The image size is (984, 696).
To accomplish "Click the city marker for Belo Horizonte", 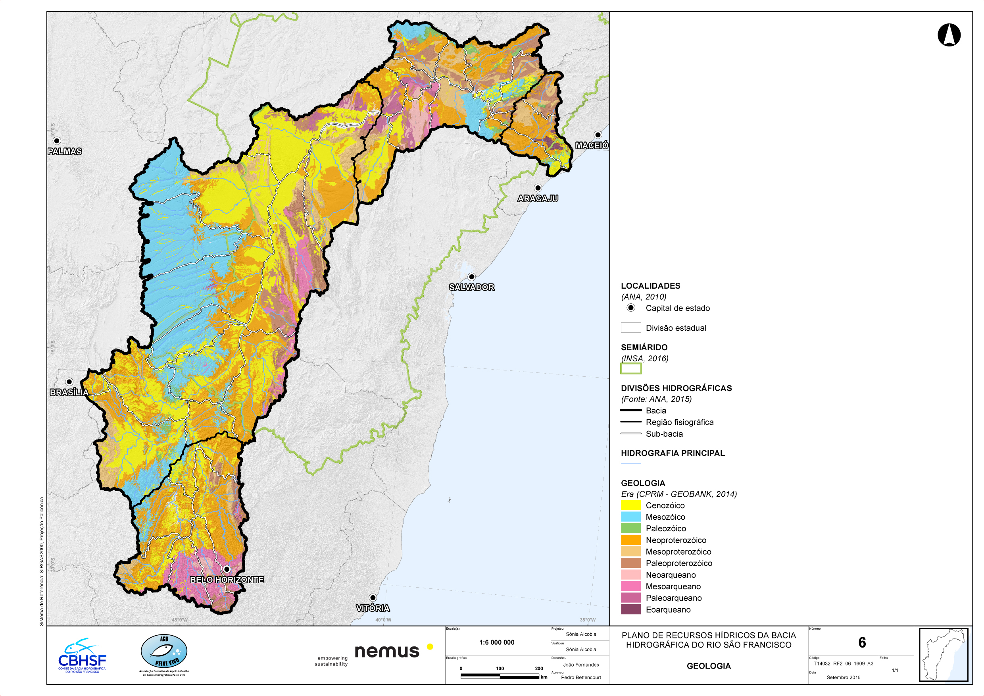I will pos(227,569).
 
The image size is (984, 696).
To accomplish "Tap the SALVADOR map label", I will pos(471,287).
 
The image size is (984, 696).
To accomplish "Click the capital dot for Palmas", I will pos(57,141).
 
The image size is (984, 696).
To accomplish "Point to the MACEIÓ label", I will pos(592,145).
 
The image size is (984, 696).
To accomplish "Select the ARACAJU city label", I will pos(537,198).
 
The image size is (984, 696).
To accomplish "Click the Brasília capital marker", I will pos(69,382).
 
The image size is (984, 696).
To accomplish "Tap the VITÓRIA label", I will pos(373,608).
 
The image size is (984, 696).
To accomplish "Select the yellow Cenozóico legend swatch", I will pos(630,505).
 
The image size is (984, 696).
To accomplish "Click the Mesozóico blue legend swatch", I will pos(630,517).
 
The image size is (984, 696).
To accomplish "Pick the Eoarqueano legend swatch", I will pos(630,609).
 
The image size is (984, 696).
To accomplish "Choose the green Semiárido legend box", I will pos(630,368).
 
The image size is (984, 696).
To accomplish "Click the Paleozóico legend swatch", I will pos(630,528).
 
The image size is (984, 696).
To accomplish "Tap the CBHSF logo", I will pos(82,656).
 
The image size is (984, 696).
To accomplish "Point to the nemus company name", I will pos(386,652).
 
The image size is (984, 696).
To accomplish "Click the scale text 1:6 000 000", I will pos(496,642).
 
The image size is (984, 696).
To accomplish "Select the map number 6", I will pos(862,642).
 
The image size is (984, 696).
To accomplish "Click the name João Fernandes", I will pos(581,665).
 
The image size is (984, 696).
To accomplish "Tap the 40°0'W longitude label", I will pos(383,620).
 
